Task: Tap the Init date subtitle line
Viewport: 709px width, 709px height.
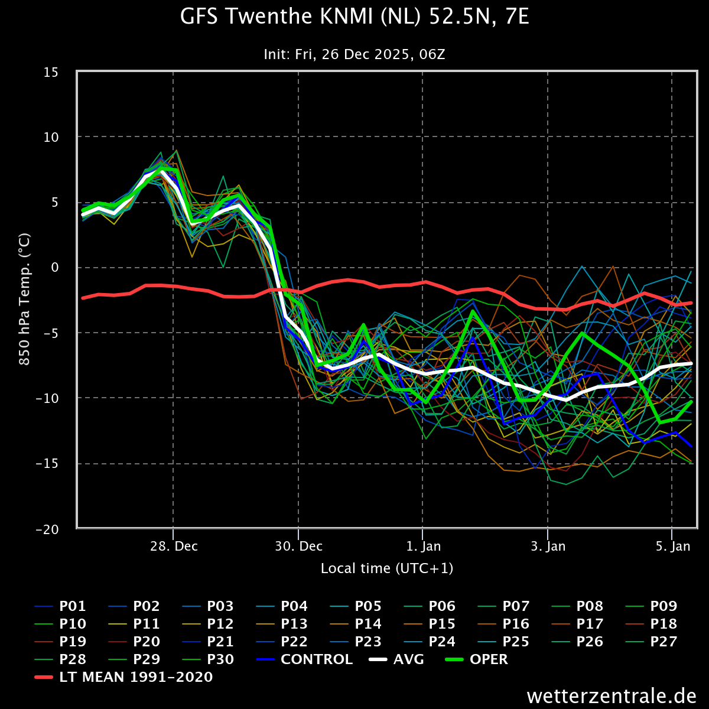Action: (x=354, y=54)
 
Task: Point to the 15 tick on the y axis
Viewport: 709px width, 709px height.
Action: (x=51, y=73)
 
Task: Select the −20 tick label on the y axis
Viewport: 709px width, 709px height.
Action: (x=47, y=529)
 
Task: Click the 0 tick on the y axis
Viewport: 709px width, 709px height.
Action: (x=55, y=268)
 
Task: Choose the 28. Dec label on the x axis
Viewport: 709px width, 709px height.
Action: (x=174, y=546)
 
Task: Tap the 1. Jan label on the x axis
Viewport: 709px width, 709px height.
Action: (x=423, y=546)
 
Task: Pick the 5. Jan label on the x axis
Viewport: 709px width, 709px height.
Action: (x=672, y=546)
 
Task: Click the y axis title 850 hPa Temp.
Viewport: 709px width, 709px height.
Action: (x=24, y=299)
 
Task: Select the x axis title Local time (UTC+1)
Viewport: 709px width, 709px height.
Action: (x=386, y=568)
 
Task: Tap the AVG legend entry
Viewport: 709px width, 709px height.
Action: (x=396, y=659)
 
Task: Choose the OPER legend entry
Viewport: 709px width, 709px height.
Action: (x=476, y=659)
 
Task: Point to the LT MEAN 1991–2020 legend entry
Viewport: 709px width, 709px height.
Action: (x=123, y=677)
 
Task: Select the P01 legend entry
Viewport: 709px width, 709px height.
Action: (x=60, y=606)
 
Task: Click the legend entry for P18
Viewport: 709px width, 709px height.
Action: (x=651, y=624)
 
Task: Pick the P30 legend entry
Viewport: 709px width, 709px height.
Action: (x=208, y=659)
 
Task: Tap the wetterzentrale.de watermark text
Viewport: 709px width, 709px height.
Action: (x=612, y=696)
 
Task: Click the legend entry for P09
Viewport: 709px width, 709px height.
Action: (x=651, y=606)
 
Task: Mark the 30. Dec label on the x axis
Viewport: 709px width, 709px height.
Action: (x=299, y=546)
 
